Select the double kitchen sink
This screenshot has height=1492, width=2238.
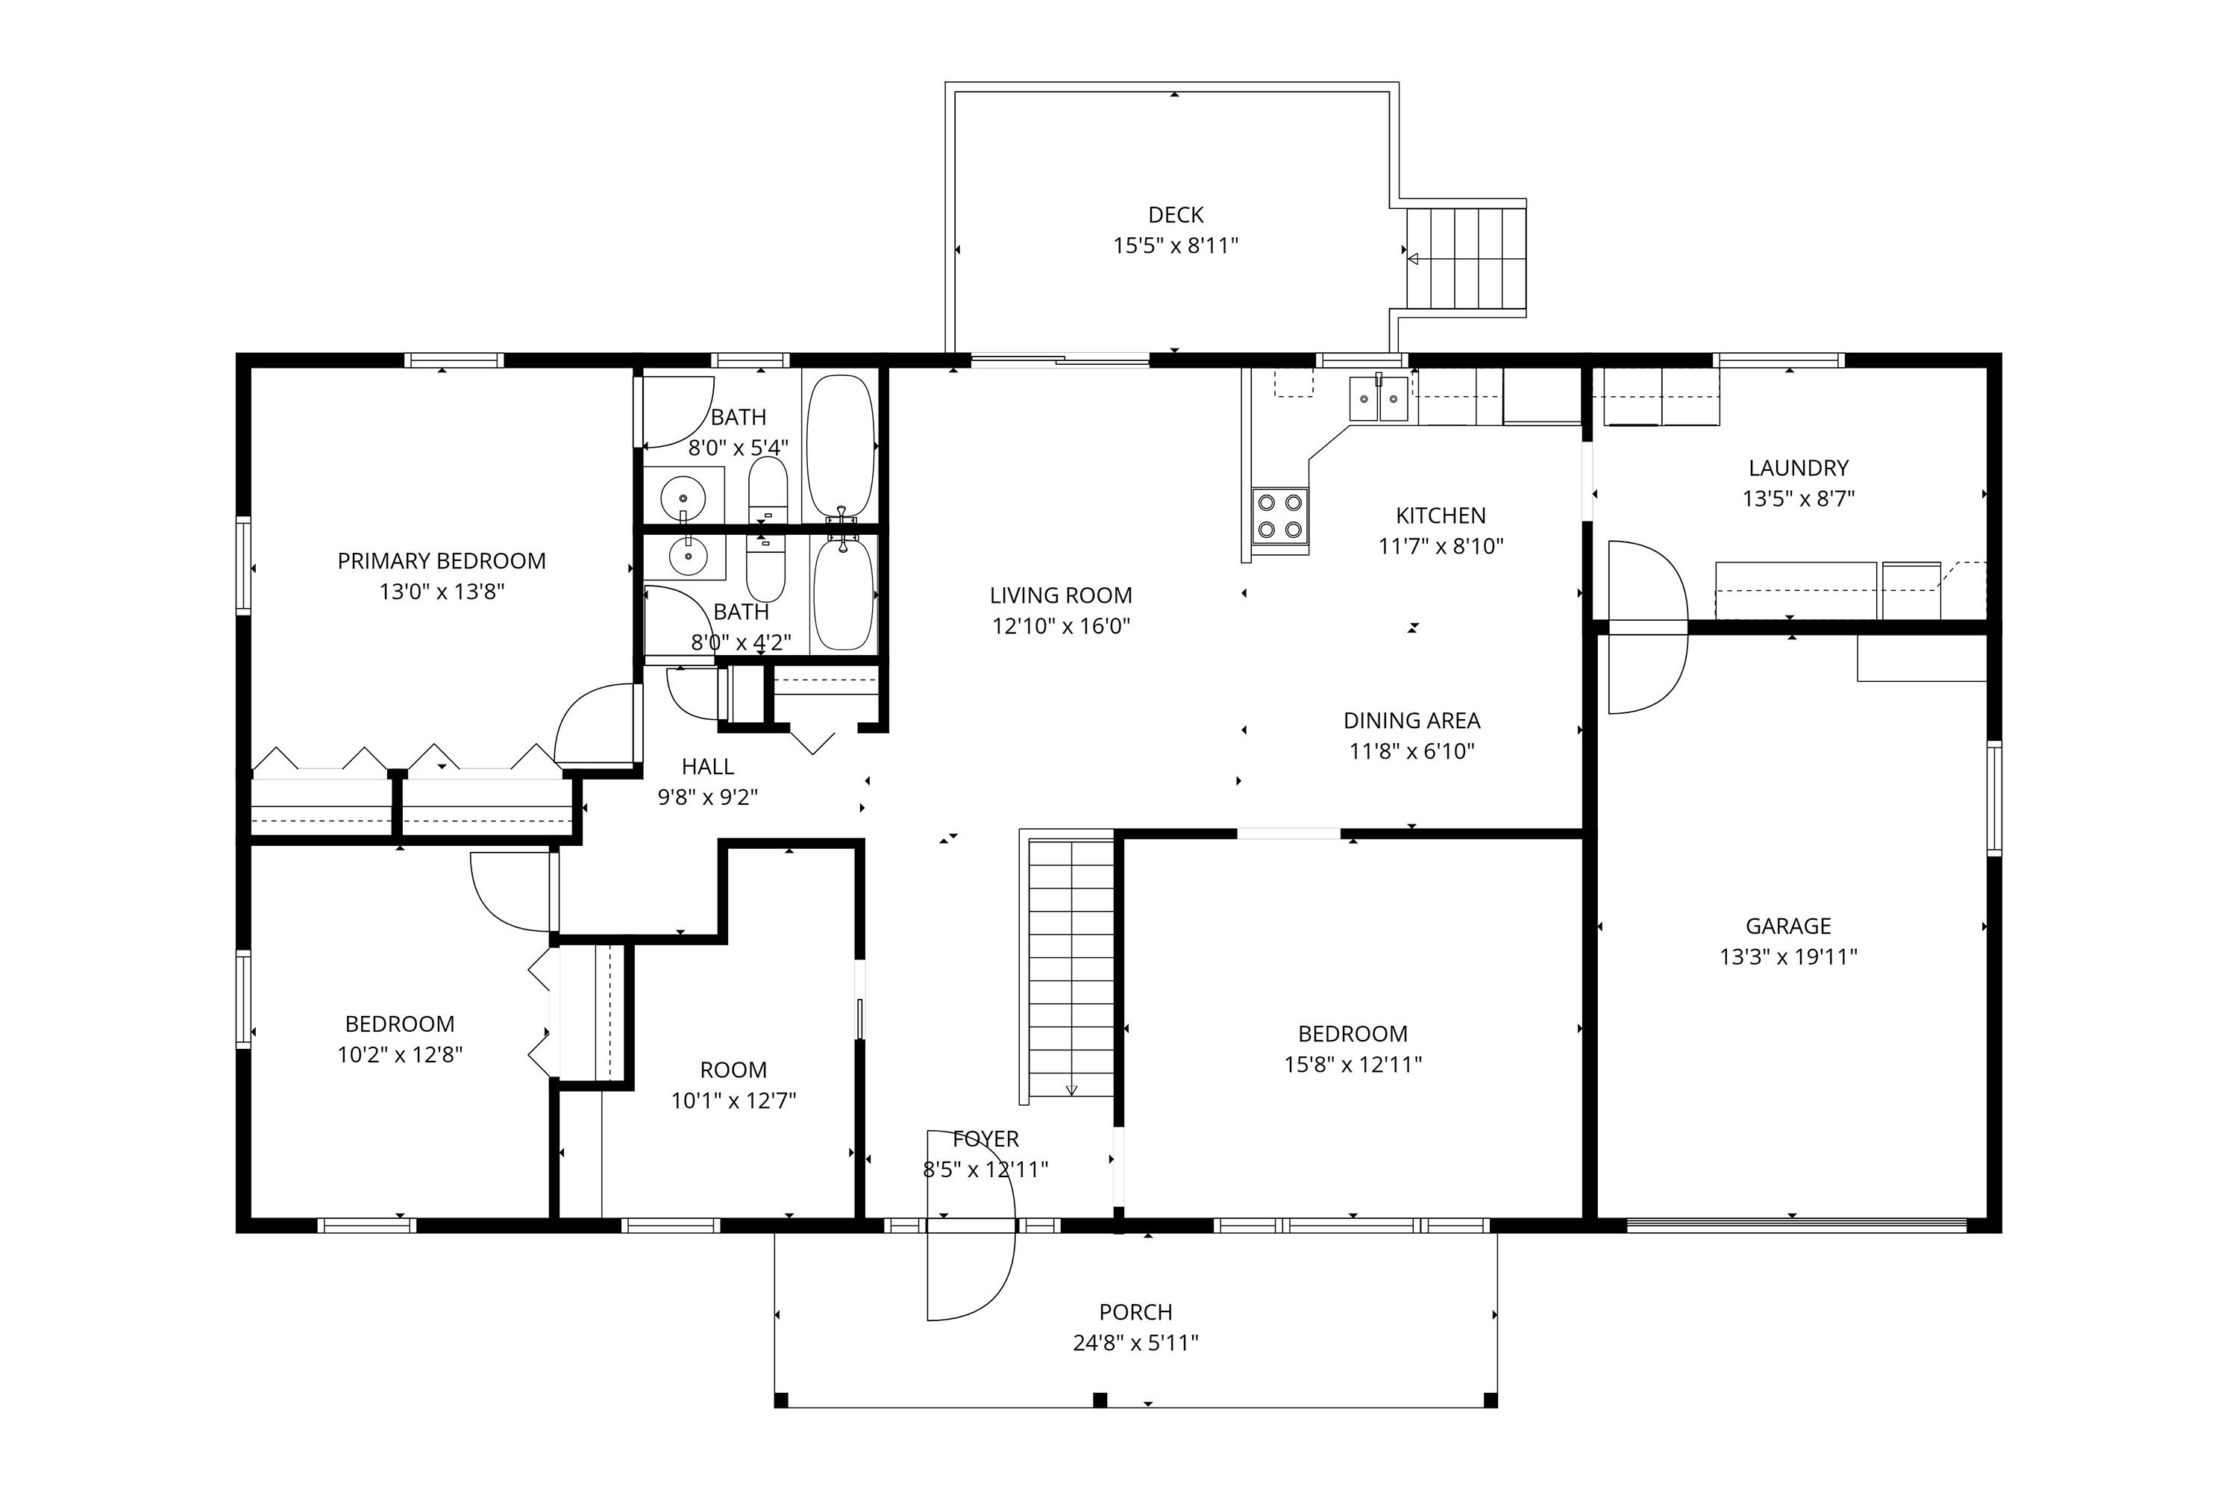tap(1378, 398)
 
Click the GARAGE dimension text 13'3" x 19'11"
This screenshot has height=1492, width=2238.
tap(1788, 956)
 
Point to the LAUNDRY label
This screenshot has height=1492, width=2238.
tap(1797, 468)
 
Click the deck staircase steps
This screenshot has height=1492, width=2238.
tap(1467, 258)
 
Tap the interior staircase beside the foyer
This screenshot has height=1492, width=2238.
tap(1071, 966)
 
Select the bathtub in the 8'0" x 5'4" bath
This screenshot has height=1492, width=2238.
tap(839, 445)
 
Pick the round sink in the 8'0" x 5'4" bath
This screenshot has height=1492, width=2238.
tap(683, 497)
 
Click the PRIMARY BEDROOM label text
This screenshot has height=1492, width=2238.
tap(442, 562)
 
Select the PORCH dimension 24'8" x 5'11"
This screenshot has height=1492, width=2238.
tap(1135, 1343)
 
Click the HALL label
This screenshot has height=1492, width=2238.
tap(707, 766)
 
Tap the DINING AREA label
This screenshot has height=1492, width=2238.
tap(1411, 721)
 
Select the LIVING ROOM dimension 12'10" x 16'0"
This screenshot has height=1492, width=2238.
tap(1061, 626)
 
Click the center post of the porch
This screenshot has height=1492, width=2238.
tap(1100, 1399)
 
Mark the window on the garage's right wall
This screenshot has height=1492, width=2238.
tap(1993, 798)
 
